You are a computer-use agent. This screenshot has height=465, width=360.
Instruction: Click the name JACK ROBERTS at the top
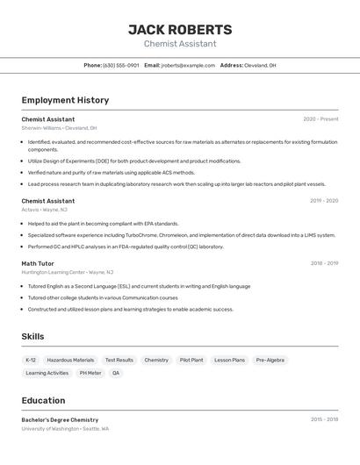180,30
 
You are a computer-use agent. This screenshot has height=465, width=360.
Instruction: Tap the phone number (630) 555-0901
120,65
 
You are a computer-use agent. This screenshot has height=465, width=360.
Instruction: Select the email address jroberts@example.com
188,65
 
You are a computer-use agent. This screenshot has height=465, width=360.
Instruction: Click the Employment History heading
65,100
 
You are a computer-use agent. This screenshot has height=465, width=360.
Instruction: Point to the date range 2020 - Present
320,119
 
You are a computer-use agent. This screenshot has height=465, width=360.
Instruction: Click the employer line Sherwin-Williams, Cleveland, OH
54,128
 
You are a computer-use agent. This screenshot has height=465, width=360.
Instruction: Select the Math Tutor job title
38,263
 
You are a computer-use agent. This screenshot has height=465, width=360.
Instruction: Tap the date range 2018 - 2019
324,263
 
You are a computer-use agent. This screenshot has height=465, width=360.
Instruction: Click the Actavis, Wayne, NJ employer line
44,210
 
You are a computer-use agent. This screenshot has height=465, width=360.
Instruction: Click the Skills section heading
32,336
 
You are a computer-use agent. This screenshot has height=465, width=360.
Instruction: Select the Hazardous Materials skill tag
70,360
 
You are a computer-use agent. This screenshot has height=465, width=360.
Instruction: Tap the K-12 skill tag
31,360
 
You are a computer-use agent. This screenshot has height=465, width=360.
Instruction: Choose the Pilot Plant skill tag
191,360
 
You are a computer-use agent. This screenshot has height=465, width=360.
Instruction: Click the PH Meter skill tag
90,373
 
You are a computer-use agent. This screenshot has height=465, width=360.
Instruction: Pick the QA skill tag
116,373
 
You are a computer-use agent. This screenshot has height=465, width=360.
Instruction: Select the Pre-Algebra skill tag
270,360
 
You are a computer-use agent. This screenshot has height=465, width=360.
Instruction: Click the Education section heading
43,400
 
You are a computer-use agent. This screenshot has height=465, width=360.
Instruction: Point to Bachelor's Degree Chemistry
60,419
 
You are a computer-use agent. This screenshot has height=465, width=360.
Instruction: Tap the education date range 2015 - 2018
324,419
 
